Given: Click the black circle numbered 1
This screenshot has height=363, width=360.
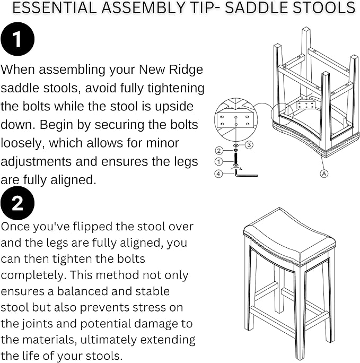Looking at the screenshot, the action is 17,39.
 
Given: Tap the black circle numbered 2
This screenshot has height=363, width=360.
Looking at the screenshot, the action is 17,203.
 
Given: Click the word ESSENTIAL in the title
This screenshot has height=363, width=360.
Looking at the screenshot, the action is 54,7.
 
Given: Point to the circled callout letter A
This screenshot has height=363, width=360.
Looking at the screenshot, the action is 324,174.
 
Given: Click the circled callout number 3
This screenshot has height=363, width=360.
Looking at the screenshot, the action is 249,145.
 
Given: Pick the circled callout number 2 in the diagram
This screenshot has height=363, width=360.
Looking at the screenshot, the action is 219,151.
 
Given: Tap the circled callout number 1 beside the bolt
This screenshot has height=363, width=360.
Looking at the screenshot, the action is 219,161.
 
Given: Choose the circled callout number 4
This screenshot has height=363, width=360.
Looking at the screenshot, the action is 219,174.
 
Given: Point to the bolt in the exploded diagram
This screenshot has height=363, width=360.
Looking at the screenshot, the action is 236,159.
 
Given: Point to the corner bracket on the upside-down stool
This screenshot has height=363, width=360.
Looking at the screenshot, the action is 306,105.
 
